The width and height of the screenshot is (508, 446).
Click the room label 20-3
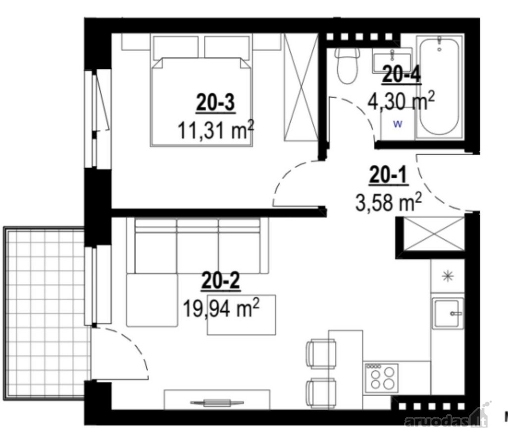[x=215, y=103]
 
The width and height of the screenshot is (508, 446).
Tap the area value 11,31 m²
[x=215, y=130]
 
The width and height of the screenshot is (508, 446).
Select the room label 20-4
[x=402, y=74]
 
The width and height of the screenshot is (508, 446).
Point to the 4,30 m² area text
[x=401, y=101]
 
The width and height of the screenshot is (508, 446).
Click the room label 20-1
[x=389, y=176]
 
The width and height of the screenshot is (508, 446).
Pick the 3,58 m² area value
[x=389, y=202]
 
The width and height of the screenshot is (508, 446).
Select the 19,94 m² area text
[x=221, y=308]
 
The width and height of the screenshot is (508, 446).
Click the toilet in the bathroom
[x=347, y=66]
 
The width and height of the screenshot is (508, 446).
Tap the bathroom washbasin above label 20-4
[x=392, y=60]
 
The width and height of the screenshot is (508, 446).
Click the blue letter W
[x=398, y=123]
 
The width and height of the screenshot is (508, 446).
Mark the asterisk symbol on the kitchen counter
[x=448, y=276]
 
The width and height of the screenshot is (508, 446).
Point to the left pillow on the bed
[x=176, y=48]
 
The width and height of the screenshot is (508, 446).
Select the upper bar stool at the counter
[x=320, y=353]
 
